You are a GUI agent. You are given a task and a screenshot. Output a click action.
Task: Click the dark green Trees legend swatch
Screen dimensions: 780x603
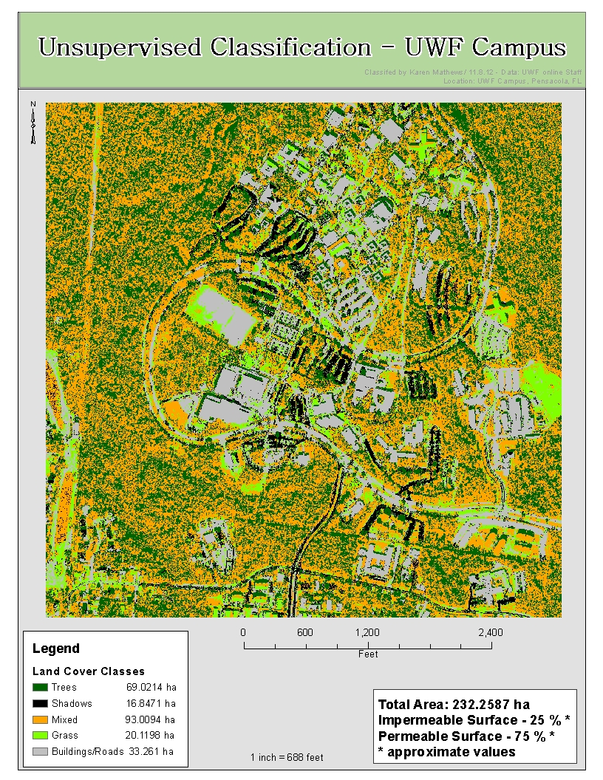click(41, 687)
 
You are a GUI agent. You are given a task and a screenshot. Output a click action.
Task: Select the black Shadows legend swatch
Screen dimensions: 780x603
click(41, 703)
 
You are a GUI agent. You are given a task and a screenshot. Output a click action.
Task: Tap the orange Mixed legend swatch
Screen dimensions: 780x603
click(41, 719)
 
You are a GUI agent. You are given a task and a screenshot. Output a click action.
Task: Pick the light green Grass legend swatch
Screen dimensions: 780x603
click(41, 735)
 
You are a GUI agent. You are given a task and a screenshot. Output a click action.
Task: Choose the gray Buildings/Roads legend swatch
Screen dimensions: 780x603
click(41, 751)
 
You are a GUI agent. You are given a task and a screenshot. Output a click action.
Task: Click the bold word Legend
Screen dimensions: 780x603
click(56, 649)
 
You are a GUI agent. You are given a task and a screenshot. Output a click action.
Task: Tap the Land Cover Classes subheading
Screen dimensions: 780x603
click(89, 671)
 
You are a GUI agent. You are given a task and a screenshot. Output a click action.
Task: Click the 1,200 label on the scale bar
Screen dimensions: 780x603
click(367, 632)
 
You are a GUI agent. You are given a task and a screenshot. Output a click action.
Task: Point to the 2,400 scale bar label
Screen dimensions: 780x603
click(491, 632)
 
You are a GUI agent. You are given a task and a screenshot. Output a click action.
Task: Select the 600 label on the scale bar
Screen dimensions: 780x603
click(305, 632)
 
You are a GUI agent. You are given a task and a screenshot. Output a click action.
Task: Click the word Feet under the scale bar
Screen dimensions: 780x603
click(368, 654)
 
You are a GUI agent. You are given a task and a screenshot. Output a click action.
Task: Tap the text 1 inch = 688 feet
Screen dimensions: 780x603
click(287, 757)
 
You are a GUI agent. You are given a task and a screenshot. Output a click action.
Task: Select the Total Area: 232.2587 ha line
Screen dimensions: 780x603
click(454, 704)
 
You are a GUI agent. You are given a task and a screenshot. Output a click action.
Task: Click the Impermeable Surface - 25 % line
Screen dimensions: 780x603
click(474, 719)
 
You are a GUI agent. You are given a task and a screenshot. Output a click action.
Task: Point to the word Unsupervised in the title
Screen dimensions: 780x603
click(121, 48)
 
